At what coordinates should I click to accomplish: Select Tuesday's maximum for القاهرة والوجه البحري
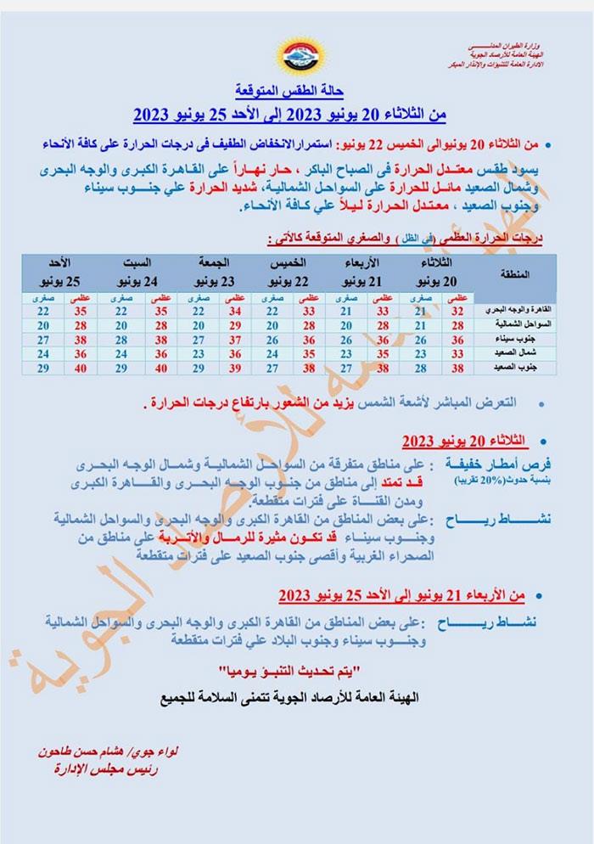point(457,312)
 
